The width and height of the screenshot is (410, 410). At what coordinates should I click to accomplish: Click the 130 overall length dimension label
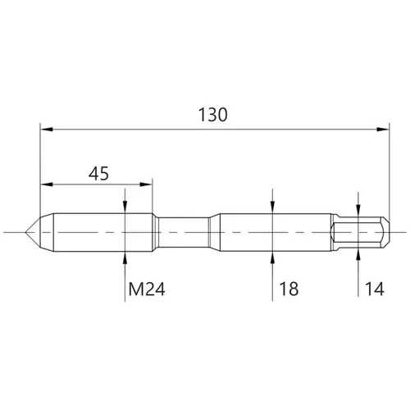pos(212,115)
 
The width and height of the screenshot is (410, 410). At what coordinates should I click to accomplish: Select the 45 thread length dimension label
pos(98,173)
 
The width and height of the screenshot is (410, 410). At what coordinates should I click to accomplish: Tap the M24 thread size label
pos(147,289)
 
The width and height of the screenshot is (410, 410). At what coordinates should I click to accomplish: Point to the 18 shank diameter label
pos(289,289)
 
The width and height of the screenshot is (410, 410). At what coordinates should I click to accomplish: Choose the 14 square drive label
pos(375,289)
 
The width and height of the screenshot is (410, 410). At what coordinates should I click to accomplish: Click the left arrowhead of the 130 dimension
pos(47,130)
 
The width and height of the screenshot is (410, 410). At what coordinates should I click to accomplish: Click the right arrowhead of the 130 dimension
pos(383,130)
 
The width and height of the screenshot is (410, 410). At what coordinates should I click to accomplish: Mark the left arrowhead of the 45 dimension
pos(47,184)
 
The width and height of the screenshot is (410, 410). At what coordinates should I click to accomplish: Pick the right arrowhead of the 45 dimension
pos(146,184)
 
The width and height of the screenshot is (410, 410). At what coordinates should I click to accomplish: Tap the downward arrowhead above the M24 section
pos(125,207)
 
